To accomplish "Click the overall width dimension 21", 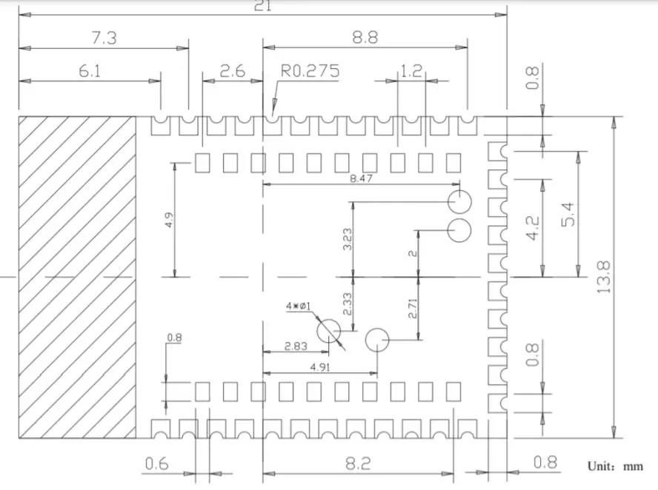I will (262, 6).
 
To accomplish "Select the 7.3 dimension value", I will (103, 38).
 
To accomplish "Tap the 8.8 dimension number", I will (364, 38).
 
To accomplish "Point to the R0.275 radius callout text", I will (310, 71).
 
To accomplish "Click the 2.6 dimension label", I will (233, 71).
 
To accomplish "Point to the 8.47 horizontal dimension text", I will (361, 178).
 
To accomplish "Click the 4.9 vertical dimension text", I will (170, 220).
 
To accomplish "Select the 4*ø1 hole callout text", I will (302, 305).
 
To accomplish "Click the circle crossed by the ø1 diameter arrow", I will (328, 332).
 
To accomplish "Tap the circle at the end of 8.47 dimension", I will (459, 201).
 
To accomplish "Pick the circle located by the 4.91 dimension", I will (377, 340).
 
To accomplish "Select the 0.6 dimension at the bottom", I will (157, 464).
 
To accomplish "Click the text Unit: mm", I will (615, 467).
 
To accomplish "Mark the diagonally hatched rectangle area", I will (77, 275).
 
